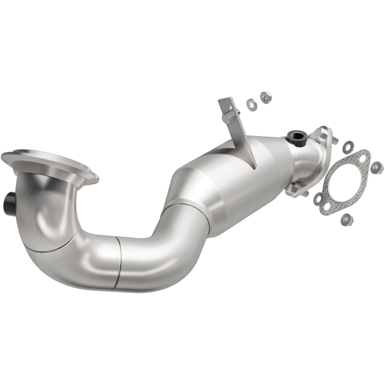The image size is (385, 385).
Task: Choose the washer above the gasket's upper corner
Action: point(347,146)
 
